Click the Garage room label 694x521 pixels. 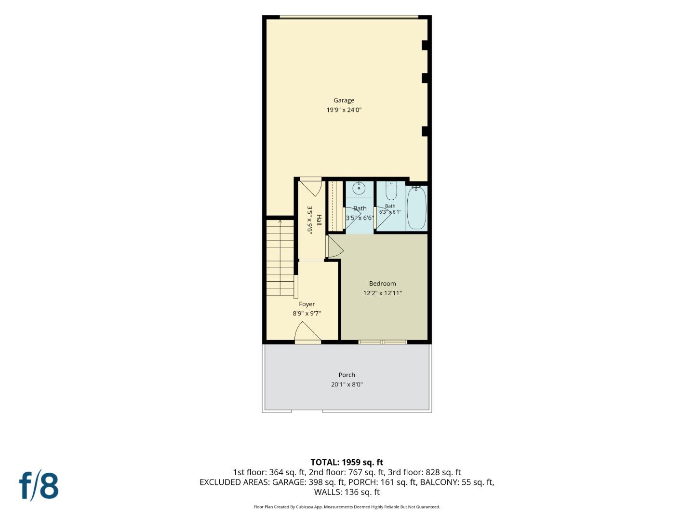344,101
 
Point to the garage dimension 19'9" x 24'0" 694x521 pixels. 344,110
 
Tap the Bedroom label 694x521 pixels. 382,284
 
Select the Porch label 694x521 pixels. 347,375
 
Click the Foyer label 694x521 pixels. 307,304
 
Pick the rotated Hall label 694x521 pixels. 319,220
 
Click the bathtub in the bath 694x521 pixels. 416,208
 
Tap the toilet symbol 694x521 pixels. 391,191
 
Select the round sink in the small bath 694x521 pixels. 359,188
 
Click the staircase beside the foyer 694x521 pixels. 280,258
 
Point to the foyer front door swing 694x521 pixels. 307,332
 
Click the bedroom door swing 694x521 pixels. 335,247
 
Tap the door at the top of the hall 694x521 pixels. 311,187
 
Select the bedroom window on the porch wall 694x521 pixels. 383,342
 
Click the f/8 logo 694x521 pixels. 39,487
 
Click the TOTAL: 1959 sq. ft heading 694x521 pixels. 347,462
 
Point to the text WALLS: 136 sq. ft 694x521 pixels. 347,492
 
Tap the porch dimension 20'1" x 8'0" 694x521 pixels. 347,384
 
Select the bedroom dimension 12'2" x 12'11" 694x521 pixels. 382,293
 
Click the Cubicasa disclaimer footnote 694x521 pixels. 347,507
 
